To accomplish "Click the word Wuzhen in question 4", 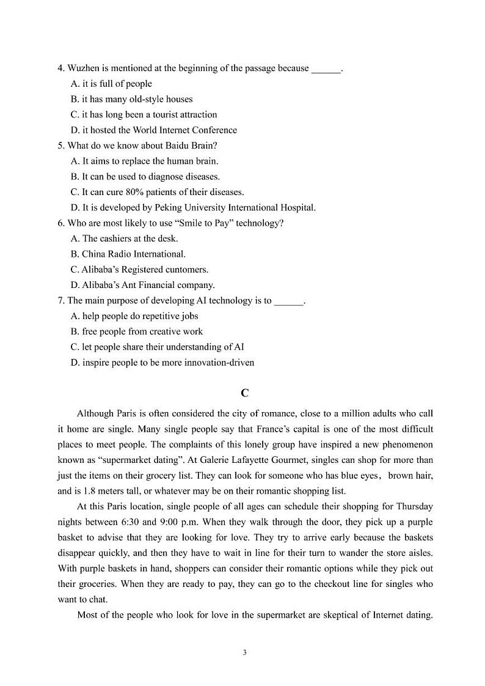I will [83, 68].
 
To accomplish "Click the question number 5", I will [60, 146].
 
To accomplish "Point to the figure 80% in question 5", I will [137, 192].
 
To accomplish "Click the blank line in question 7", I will [289, 301].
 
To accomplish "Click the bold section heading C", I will [244, 393].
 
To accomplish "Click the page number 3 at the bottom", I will [244, 653].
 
